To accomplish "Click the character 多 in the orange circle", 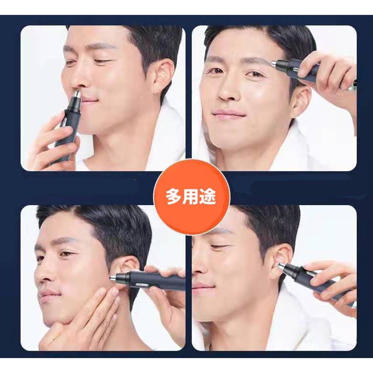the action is click(174, 197).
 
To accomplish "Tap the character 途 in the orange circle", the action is click(208, 197).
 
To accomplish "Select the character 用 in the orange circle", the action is click(191, 197).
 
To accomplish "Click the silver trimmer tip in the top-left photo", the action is click(77, 94).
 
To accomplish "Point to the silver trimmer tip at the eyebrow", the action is click(274, 63).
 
